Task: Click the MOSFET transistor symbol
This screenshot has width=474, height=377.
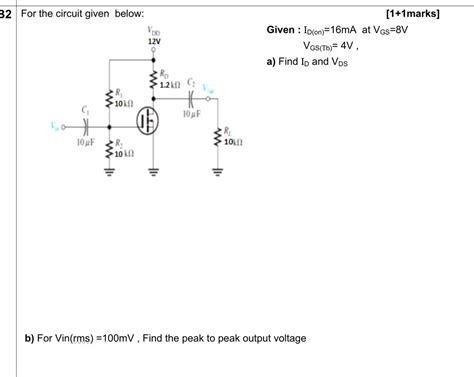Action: pos(151,120)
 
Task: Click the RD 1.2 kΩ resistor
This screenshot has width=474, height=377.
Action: pos(153,79)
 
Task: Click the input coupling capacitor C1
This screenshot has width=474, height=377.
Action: pos(86,128)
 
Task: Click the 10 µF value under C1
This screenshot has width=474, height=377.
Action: pos(86,144)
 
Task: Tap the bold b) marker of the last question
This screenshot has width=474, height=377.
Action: pos(30,338)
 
